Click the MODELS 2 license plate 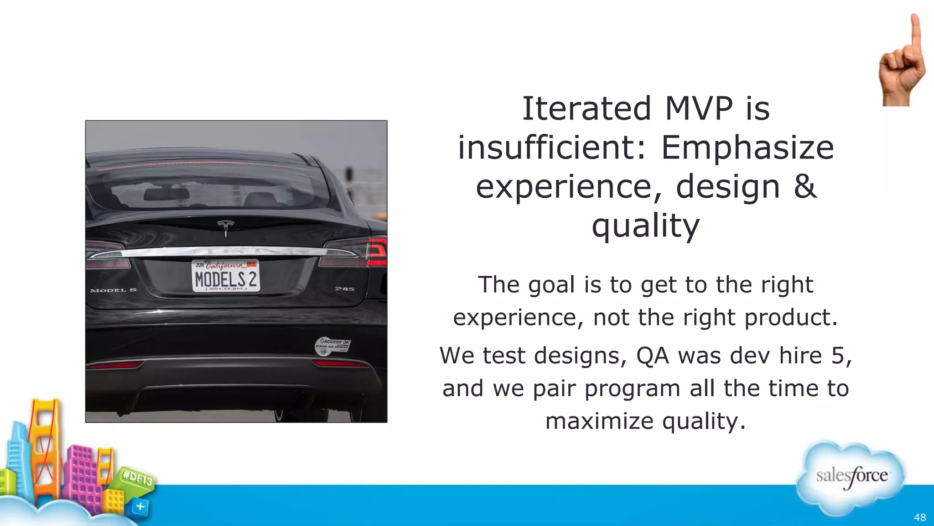pos(226,276)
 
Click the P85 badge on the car pos(344,289)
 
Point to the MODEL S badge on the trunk pos(113,290)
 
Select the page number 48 pos(919,517)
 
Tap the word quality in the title pos(645,226)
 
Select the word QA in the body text pos(653,356)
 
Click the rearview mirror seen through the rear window pos(166,195)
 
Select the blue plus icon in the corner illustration pos(140,506)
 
